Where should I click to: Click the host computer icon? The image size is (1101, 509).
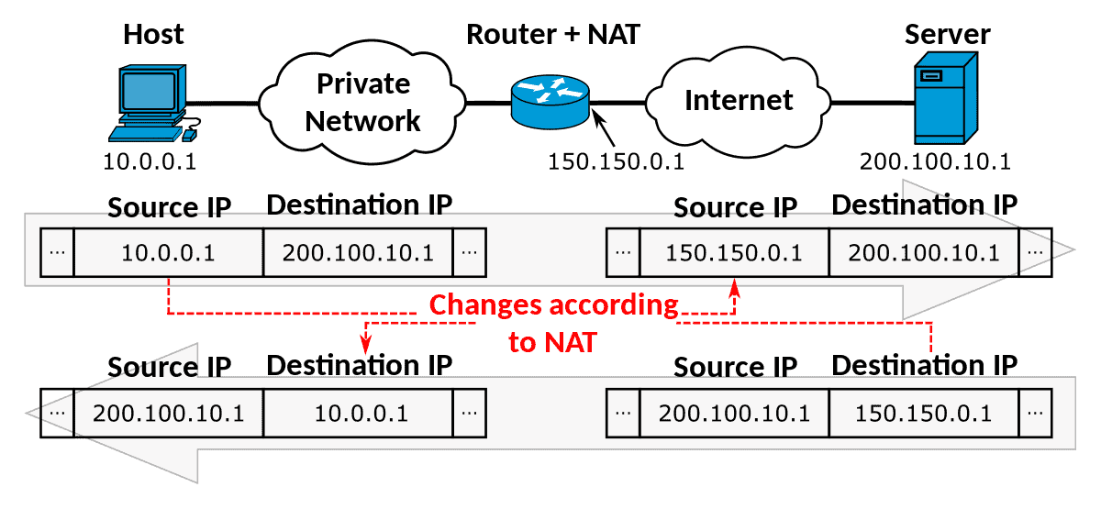point(154,103)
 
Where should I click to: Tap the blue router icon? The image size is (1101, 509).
point(550,102)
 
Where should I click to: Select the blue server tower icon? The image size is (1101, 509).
point(946,98)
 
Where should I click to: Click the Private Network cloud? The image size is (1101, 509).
point(362,102)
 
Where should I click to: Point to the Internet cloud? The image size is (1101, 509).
point(738,102)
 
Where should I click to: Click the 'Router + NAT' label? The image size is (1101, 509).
point(553,35)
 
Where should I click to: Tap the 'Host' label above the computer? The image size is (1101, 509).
point(153,35)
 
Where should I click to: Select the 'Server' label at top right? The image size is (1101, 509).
point(947,35)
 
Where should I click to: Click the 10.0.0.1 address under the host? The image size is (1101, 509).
point(150,161)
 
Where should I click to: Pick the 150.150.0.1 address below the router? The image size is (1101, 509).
point(616,161)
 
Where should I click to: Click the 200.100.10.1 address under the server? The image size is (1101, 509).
point(935,161)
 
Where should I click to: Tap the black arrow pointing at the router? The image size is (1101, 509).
point(603,127)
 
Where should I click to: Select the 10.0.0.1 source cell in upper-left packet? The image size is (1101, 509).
point(169,252)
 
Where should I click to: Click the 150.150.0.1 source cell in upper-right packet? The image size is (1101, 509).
point(734,252)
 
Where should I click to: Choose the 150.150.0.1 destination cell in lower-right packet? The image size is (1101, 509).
point(924,414)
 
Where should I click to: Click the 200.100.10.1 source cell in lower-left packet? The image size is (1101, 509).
point(169,414)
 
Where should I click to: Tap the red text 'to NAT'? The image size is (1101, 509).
point(552,342)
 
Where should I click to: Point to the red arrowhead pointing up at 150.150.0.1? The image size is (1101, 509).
point(734,288)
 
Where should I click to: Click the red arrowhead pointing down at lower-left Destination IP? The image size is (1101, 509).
point(365,344)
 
